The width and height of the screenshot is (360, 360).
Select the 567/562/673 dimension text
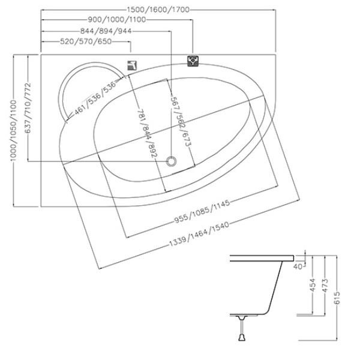point(180,122)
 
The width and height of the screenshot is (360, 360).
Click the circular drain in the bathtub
point(173,161)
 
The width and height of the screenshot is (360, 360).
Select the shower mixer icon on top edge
point(193,61)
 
